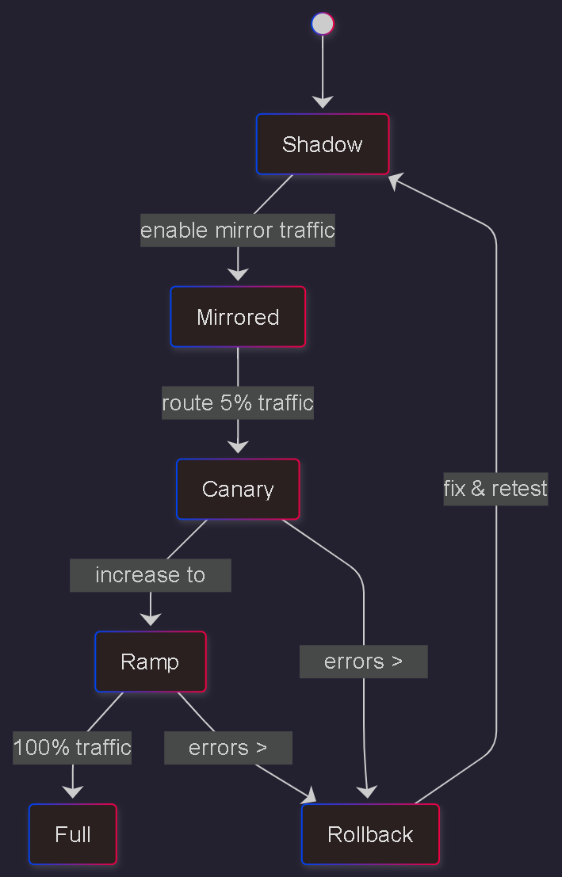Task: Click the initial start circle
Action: point(323,24)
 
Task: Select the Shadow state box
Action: point(323,144)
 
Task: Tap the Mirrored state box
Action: point(238,317)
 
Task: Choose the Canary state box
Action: point(238,489)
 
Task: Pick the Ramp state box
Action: point(150,662)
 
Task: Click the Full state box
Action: point(73,834)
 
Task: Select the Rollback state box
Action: point(370,834)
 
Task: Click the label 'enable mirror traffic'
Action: point(238,231)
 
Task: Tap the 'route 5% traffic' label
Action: point(238,403)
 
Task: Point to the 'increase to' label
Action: point(150,575)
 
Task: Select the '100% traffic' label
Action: point(72,748)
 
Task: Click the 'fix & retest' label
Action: point(495,489)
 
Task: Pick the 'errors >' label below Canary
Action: point(363,662)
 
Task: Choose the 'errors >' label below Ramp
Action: point(227,748)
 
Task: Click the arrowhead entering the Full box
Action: point(73,792)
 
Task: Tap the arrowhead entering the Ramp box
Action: point(150,620)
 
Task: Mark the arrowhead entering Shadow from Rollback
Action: point(396,181)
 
